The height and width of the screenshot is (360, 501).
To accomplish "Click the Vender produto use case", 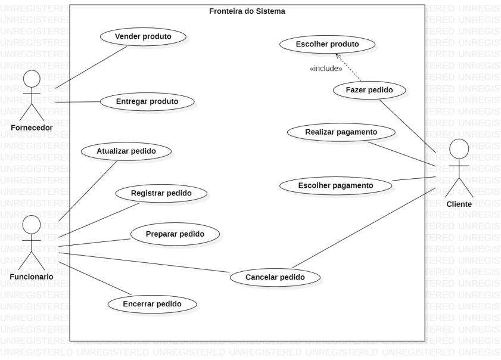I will coord(142,36).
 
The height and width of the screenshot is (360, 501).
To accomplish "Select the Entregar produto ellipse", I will coord(147,101).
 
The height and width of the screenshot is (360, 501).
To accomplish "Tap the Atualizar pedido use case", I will coord(126,151).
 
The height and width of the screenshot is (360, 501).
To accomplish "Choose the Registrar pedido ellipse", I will coord(161,193).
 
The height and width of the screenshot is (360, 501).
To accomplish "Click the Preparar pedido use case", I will coord(175,234).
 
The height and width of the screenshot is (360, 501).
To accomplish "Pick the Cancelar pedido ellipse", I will coord(275,277).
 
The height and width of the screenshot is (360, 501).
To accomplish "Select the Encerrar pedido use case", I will coord(152,303).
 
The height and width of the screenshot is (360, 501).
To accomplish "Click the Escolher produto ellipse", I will coord(327,44).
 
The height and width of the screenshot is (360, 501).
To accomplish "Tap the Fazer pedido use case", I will coord(369,90).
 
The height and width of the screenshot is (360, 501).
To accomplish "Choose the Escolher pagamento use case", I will coord(335,185).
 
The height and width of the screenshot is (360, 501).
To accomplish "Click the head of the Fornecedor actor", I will coord(32,79).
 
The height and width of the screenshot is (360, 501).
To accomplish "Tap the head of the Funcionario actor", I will coord(32,224).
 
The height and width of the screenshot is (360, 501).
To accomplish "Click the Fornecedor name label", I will coord(32,128).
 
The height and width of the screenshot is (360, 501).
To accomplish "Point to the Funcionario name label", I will coord(32,277).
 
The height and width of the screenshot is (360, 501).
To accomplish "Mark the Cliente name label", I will coord(459,204).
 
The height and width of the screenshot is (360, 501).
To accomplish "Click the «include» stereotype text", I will coord(326,69).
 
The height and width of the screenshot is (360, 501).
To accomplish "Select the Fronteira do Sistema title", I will coord(247,11).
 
